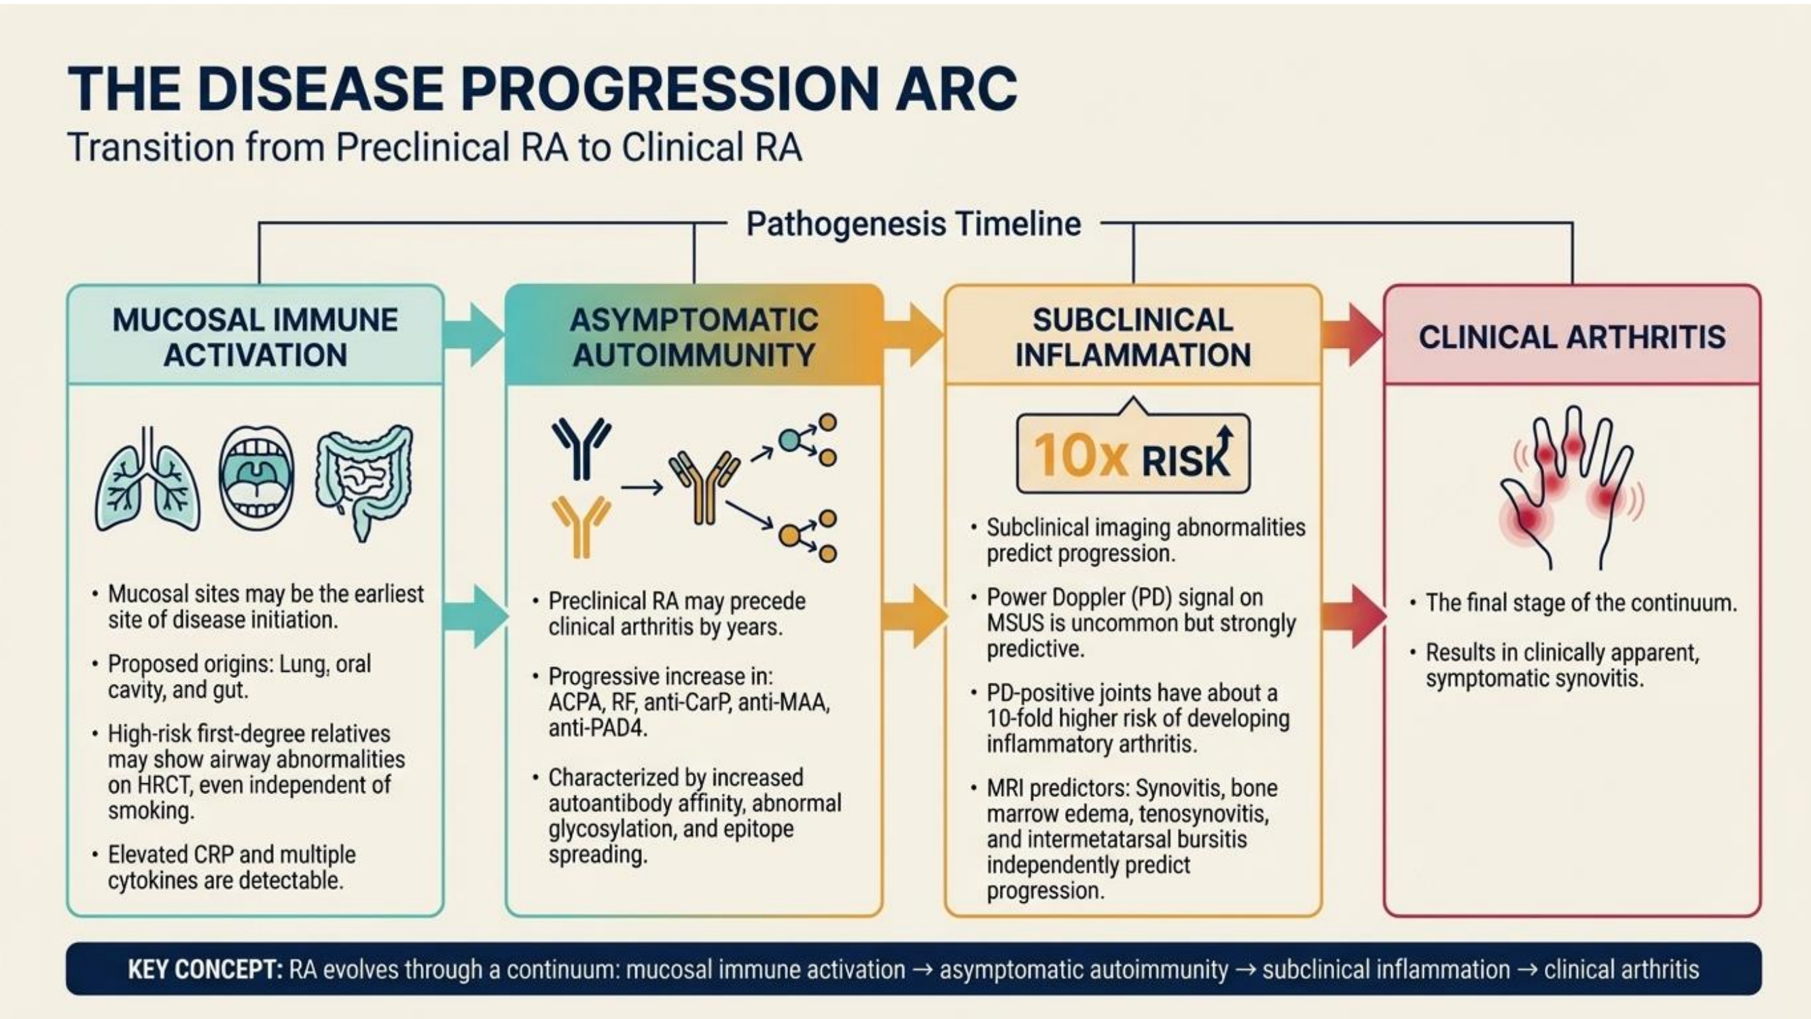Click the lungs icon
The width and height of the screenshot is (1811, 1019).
(x=147, y=480)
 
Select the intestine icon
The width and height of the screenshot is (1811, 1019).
(x=363, y=482)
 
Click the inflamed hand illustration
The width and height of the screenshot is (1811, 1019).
(x=1571, y=488)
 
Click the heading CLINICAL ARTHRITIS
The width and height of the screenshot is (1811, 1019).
(x=1572, y=337)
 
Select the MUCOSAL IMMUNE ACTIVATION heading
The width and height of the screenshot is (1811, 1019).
(x=255, y=337)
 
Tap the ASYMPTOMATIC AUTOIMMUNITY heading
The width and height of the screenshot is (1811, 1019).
(x=694, y=337)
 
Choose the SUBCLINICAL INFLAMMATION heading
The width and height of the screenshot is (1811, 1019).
(x=1132, y=337)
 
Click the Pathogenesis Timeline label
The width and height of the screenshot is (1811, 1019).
(x=913, y=224)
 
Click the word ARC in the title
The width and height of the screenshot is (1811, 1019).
(x=956, y=88)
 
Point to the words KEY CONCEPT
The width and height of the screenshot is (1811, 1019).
(x=204, y=970)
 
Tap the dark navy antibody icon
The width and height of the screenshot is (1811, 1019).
(x=581, y=448)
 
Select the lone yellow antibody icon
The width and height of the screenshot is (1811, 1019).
(x=581, y=526)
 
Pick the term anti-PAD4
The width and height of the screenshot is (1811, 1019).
(x=598, y=728)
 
